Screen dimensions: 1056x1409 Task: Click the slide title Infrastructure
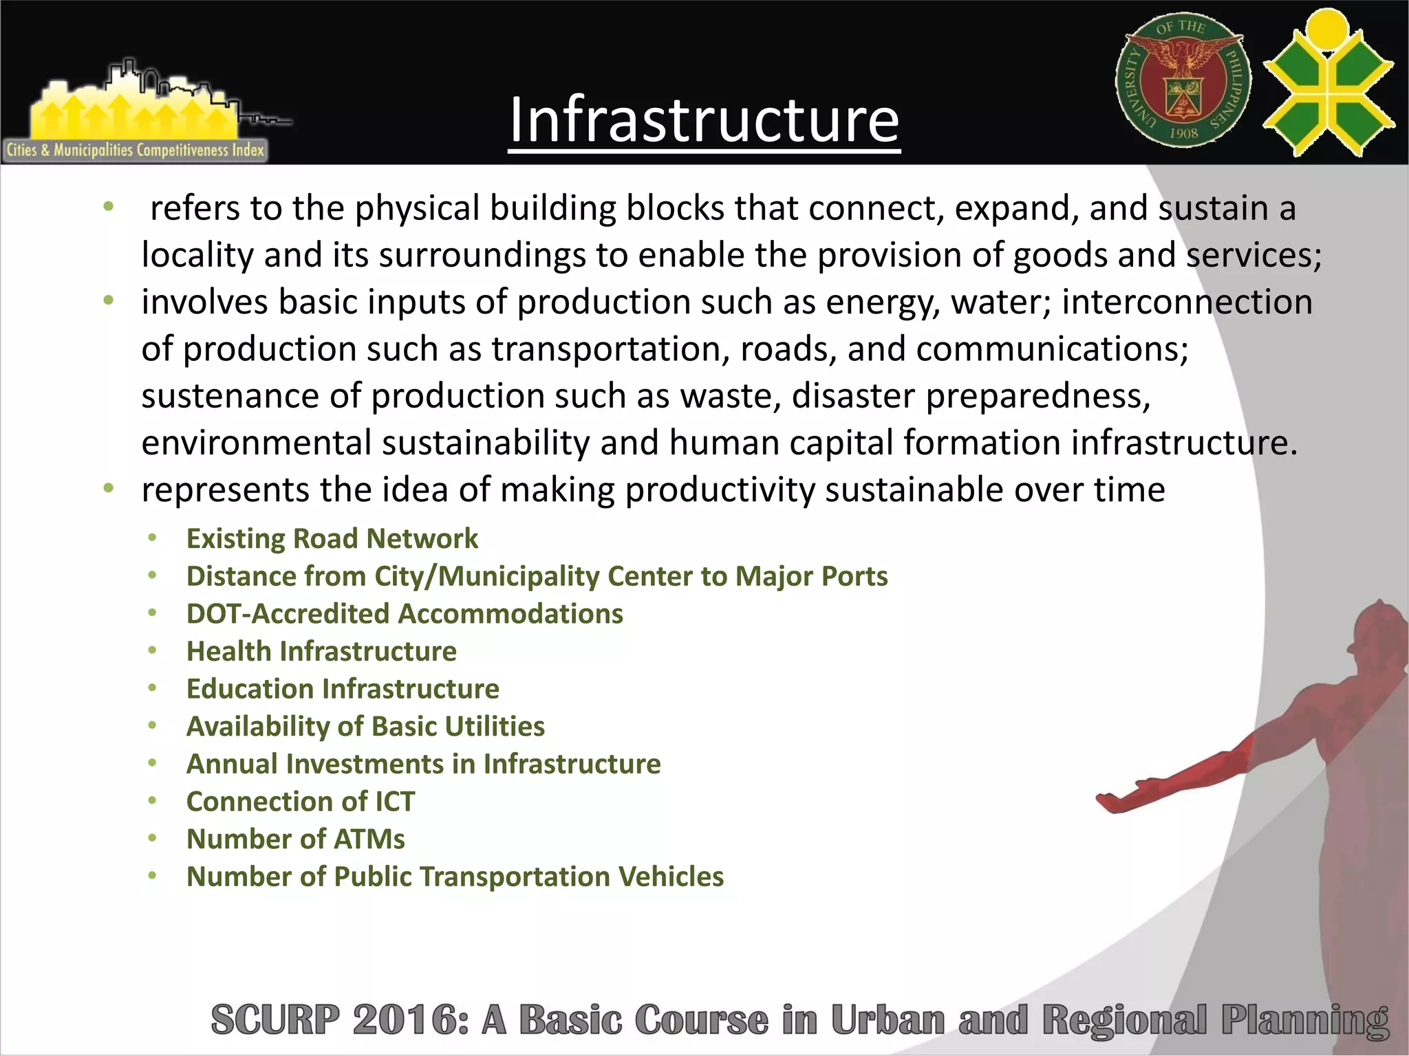(x=704, y=120)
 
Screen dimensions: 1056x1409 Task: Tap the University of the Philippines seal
(x=1183, y=81)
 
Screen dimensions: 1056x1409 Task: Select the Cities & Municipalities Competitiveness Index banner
(x=136, y=150)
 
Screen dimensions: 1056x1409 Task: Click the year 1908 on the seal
(x=1183, y=133)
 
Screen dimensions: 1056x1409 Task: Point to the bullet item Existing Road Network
(x=332, y=538)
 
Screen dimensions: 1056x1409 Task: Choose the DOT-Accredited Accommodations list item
(x=405, y=614)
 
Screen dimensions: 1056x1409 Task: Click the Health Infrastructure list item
(x=321, y=651)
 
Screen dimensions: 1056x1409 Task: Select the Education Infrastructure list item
(x=343, y=689)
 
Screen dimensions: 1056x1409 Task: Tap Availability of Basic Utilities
(x=365, y=727)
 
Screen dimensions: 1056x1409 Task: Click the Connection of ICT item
(x=301, y=802)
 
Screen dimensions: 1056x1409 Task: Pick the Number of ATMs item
(x=296, y=839)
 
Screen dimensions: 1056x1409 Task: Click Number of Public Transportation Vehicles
(x=455, y=877)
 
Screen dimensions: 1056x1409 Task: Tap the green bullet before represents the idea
(x=108, y=489)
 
